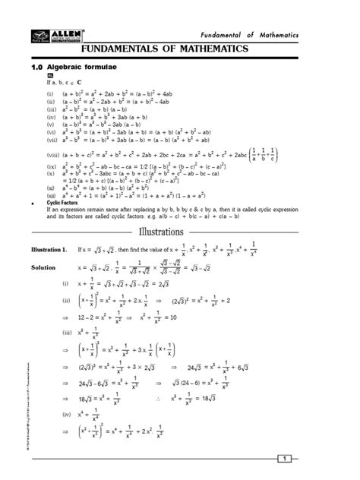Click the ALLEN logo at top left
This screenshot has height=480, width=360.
[x=46, y=36]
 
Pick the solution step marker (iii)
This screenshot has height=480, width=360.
[x=67, y=332]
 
